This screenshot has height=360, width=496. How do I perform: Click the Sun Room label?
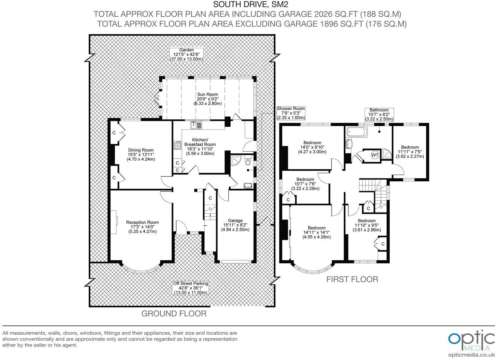(207, 99)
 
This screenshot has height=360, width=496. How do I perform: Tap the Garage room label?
(235, 225)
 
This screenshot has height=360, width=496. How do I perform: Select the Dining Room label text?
(141, 155)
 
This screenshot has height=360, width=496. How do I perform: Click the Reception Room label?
(142, 227)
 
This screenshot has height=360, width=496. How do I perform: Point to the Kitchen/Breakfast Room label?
(200, 147)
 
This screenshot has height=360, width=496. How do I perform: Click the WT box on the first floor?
(375, 155)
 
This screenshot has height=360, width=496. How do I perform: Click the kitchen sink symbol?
(196, 125)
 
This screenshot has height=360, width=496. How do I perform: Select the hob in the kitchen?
(178, 145)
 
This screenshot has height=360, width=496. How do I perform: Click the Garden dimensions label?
(186, 55)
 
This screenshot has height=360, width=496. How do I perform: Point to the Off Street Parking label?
(191, 288)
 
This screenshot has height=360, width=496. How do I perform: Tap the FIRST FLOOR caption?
(352, 279)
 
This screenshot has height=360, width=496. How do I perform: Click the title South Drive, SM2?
(250, 4)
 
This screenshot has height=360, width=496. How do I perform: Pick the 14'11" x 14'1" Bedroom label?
(317, 233)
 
